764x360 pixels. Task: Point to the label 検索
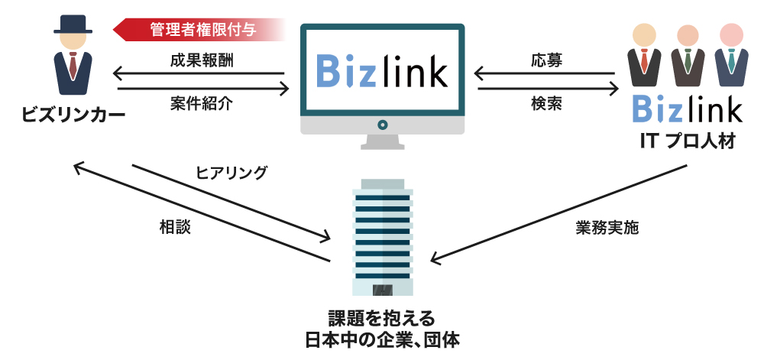(545, 104)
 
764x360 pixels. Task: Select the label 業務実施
(608, 227)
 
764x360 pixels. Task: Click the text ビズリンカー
(73, 114)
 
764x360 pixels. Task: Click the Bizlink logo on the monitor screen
(381, 72)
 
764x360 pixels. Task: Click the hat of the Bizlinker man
(73, 24)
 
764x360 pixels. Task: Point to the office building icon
(382, 237)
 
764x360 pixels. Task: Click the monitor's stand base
(381, 143)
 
